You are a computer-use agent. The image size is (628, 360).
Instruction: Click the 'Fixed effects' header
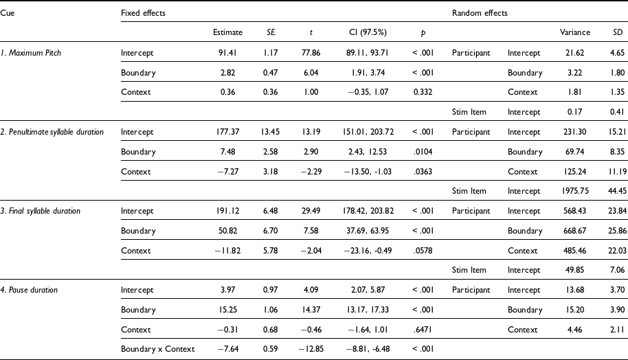tap(143, 13)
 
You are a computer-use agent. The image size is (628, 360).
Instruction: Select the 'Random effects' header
tap(480, 13)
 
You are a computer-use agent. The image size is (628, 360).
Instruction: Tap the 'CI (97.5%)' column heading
tap(368, 32)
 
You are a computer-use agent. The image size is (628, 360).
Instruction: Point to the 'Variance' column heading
tap(574, 32)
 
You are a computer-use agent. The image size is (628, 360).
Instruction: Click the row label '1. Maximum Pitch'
tap(31, 53)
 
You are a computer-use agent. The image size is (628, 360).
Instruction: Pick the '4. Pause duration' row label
tap(29, 290)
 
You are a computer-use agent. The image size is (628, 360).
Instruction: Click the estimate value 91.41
tap(227, 53)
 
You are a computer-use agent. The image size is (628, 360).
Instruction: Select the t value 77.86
tap(311, 53)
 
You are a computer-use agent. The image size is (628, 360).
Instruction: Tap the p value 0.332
tap(423, 92)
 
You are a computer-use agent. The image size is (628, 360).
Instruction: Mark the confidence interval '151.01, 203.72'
tap(368, 132)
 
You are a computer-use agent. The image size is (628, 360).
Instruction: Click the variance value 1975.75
tap(574, 191)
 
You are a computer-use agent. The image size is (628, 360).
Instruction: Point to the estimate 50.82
tap(227, 231)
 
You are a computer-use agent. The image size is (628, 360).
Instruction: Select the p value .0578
tap(423, 251)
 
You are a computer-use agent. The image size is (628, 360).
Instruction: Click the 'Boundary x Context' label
tap(158, 349)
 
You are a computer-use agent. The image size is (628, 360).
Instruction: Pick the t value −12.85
tap(311, 349)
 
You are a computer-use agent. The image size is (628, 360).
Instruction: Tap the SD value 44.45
tap(617, 191)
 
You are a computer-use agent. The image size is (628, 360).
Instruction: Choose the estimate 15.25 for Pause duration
tap(227, 310)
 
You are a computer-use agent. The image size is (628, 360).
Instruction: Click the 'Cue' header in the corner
tap(7, 13)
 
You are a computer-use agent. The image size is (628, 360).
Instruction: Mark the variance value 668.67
tap(574, 231)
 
